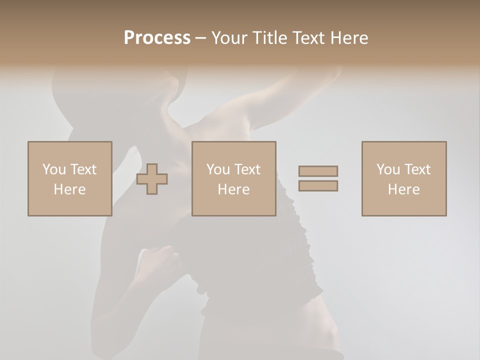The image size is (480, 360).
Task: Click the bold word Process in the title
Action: pos(157,38)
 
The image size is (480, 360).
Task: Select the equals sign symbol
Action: pos(318,178)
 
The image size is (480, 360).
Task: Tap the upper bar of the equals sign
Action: pos(318,171)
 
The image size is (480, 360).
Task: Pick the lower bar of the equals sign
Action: pos(318,186)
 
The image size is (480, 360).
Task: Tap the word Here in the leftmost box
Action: pos(70,189)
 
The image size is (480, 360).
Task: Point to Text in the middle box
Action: pos(247,169)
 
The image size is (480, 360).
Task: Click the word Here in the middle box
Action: pos(234,189)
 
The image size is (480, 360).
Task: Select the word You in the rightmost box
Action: pos(388,169)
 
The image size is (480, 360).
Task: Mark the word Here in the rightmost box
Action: pos(404,189)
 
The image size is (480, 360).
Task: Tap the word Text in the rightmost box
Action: pos(417,169)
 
